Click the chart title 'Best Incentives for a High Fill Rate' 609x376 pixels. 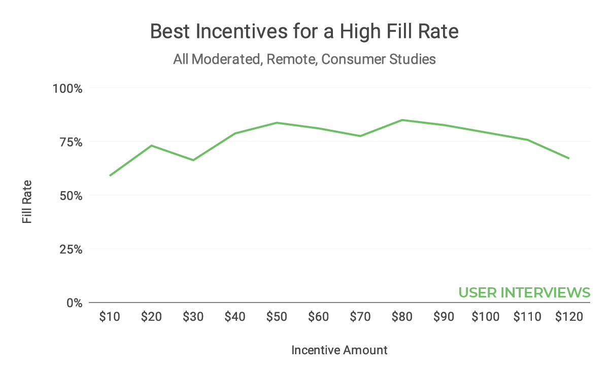(304, 32)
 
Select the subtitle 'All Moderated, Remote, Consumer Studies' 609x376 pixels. (304, 59)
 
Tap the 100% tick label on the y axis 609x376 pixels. (67, 88)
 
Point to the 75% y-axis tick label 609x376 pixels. (70, 142)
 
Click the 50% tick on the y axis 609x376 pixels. (70, 196)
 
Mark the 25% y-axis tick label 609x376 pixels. (70, 249)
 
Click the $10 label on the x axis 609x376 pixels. (110, 317)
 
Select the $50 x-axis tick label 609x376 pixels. (277, 317)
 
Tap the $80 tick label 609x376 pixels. (402, 317)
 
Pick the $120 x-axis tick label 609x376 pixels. (569, 317)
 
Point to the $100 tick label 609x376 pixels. (485, 317)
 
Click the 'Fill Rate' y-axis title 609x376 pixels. (27, 202)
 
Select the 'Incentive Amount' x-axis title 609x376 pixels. (340, 350)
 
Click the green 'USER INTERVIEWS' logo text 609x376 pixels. (524, 293)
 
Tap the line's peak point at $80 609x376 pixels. (402, 120)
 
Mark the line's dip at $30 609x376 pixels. (193, 160)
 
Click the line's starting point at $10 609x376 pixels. (110, 175)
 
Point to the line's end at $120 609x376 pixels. (569, 158)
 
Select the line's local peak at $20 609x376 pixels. (152, 145)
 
